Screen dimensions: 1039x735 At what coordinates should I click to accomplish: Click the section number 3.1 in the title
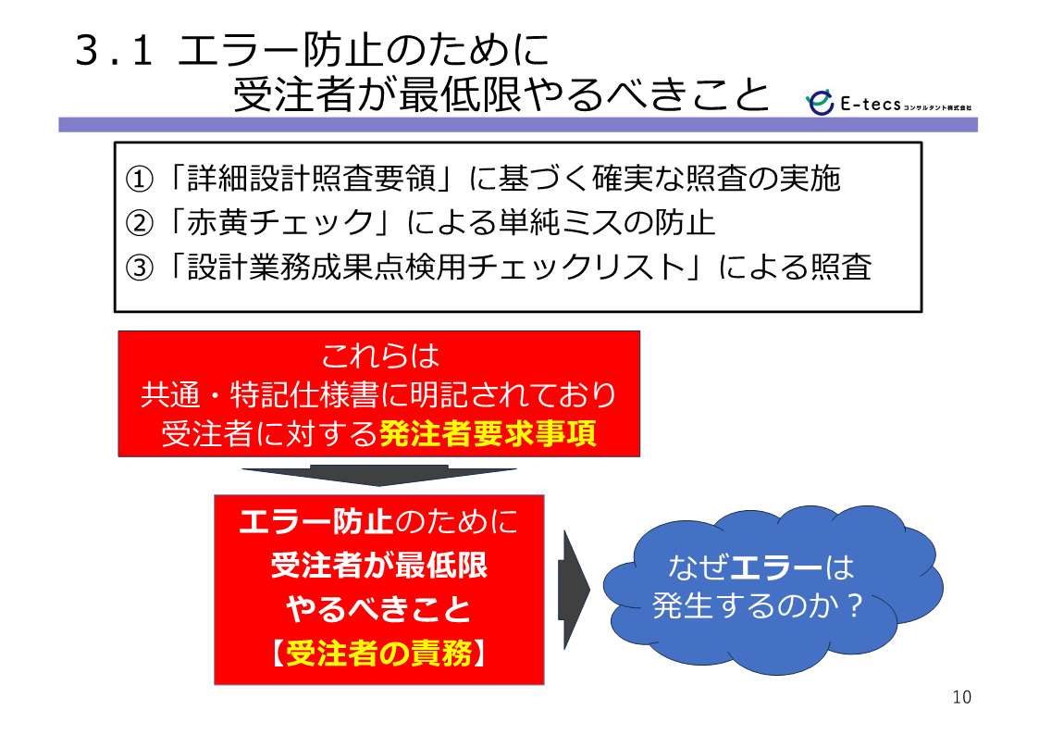click(114, 51)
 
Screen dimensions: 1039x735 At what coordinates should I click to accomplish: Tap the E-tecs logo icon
click(821, 102)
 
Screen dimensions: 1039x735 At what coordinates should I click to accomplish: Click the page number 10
click(961, 697)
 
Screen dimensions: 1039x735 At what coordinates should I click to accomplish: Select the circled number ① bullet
click(139, 179)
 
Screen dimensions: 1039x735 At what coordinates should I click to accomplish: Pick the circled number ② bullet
click(139, 223)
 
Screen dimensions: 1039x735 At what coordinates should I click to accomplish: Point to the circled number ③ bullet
click(139, 268)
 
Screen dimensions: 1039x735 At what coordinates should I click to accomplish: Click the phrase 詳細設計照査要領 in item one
click(310, 179)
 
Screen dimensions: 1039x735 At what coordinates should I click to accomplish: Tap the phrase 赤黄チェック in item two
click(279, 223)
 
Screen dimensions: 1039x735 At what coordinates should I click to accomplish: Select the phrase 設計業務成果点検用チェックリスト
click(436, 268)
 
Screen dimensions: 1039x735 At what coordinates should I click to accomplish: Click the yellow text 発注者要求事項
click(488, 433)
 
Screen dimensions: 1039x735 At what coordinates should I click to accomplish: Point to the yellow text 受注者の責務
click(379, 654)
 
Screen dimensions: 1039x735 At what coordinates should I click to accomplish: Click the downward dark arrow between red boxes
click(378, 475)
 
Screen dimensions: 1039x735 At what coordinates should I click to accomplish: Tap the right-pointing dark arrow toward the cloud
click(574, 589)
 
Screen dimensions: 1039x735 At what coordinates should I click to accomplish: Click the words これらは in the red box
click(379, 355)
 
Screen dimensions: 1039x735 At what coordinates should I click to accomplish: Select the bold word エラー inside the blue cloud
click(775, 567)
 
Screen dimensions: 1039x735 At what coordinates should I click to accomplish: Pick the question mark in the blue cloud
click(855, 605)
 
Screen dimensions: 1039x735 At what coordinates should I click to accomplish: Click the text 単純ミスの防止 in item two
click(606, 223)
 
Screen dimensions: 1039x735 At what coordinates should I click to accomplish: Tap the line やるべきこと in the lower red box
click(378, 609)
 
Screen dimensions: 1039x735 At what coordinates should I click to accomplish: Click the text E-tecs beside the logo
click(870, 104)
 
